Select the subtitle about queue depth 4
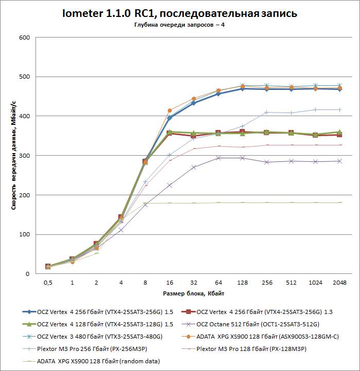(179, 26)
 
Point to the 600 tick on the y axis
(25, 38)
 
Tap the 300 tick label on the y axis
(25, 156)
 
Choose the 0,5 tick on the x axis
(48, 283)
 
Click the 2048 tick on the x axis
(339, 283)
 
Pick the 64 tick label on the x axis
(218, 283)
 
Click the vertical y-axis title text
(13, 156)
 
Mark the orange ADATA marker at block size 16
(169, 110)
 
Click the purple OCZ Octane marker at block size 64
(218, 158)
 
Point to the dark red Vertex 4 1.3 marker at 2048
(339, 135)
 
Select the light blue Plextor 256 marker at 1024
(315, 109)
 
